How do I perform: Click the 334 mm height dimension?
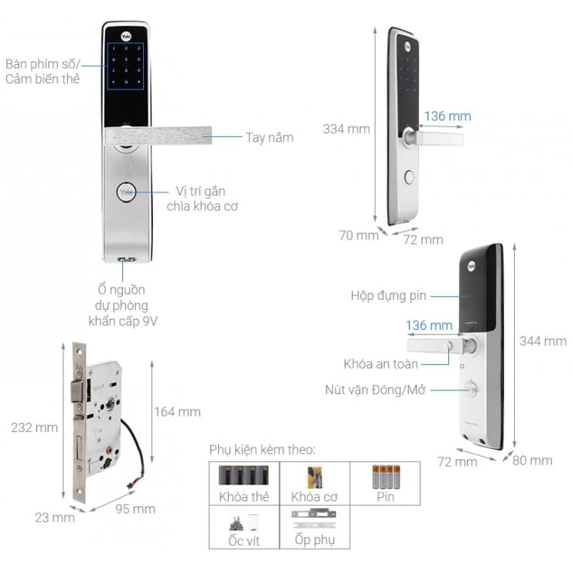point(346,128)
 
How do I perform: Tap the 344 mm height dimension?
point(543,341)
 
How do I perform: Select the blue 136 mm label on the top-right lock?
point(448,117)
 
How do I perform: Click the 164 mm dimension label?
point(178,412)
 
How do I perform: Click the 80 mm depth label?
point(532,461)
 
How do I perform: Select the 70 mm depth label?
point(359,235)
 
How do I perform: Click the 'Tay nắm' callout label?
point(269,138)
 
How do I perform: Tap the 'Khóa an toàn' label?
point(381,363)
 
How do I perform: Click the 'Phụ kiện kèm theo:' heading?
point(262,450)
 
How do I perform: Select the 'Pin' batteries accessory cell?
point(385,483)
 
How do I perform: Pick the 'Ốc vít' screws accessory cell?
point(243,527)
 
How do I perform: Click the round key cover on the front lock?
point(126,192)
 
